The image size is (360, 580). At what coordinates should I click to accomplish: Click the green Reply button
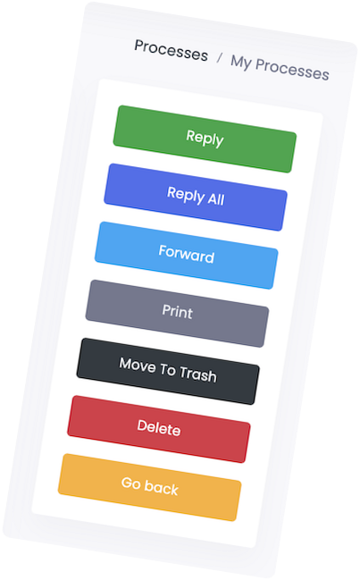tap(205, 139)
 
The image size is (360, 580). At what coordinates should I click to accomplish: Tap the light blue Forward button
tap(187, 255)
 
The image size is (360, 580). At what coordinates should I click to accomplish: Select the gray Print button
tap(177, 314)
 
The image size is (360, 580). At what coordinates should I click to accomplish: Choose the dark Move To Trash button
tap(168, 371)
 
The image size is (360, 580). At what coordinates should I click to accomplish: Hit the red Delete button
tap(159, 429)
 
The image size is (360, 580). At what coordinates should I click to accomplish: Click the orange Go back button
tap(150, 487)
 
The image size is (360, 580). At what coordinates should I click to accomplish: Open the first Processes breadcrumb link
tap(172, 50)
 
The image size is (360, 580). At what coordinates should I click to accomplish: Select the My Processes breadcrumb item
tap(280, 67)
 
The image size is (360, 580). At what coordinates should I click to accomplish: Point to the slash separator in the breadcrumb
tap(220, 58)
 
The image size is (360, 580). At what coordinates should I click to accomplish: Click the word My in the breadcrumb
tap(240, 62)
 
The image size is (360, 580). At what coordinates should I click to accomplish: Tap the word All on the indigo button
tap(216, 199)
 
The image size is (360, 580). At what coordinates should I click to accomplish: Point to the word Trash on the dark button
tap(197, 374)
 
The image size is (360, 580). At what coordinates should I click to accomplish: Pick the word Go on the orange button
tap(130, 483)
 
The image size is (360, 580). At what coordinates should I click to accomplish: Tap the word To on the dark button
tap(167, 369)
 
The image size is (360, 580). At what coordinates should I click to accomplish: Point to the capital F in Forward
tap(163, 250)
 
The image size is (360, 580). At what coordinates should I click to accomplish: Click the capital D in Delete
tap(143, 425)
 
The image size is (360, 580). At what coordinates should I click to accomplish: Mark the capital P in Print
tap(167, 310)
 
